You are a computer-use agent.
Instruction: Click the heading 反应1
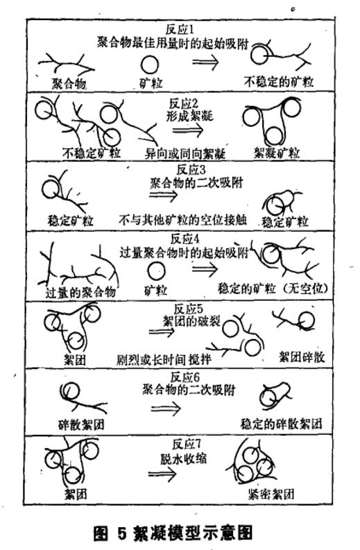click(180, 29)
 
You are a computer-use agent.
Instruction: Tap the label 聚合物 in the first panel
click(69, 83)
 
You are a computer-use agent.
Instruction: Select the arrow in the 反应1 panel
click(205, 62)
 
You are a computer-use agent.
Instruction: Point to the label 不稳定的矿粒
click(279, 82)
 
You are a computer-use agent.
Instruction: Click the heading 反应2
click(184, 103)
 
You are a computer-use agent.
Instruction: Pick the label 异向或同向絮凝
click(185, 153)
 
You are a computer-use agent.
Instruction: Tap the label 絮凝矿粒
click(277, 153)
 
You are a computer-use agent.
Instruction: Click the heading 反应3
click(191, 169)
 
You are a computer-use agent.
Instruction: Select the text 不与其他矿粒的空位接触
click(183, 220)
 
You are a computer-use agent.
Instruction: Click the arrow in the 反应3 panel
click(164, 195)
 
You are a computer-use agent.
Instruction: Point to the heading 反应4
click(185, 239)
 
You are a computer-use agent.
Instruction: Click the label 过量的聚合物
click(80, 292)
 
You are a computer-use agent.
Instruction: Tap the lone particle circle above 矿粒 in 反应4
click(157, 271)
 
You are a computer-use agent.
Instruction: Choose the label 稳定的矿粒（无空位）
click(273, 289)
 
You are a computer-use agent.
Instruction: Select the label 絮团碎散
click(302, 356)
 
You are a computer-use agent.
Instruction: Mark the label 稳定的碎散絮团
click(281, 424)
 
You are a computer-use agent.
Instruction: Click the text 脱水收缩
click(184, 459)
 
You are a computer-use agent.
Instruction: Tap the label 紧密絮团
click(271, 495)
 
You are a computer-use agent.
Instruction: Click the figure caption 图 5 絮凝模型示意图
click(173, 533)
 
